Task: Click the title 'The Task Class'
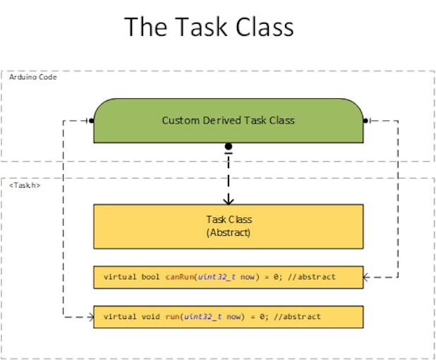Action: point(209,27)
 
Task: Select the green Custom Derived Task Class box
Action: point(228,120)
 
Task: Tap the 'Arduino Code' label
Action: point(33,77)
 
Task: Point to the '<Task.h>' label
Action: point(25,184)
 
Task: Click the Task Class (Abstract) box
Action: point(228,226)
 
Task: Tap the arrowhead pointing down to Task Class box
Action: point(228,200)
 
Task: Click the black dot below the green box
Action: point(228,147)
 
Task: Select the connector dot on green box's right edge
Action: point(365,121)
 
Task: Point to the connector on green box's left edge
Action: point(90,121)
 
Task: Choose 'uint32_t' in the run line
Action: point(201,317)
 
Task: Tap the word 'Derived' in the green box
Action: point(225,120)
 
